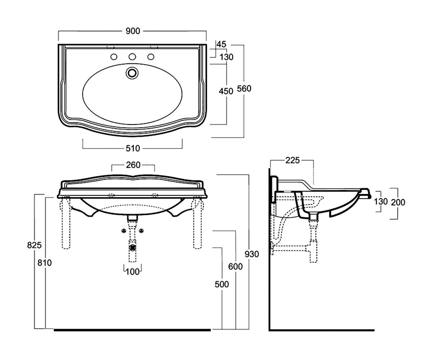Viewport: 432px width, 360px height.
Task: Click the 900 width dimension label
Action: click(x=132, y=31)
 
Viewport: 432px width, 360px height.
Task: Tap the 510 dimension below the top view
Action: click(x=132, y=148)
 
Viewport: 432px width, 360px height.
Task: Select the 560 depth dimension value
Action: click(x=244, y=89)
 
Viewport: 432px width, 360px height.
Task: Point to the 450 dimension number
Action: click(x=226, y=91)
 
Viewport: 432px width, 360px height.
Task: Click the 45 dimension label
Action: click(x=221, y=44)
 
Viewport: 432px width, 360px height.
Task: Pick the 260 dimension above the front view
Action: click(x=133, y=165)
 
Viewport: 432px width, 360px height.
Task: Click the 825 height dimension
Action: click(x=34, y=245)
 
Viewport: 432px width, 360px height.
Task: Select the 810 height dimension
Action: click(x=45, y=263)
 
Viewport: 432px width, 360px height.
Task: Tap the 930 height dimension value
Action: click(x=252, y=254)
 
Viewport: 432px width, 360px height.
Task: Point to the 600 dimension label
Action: click(x=235, y=266)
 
